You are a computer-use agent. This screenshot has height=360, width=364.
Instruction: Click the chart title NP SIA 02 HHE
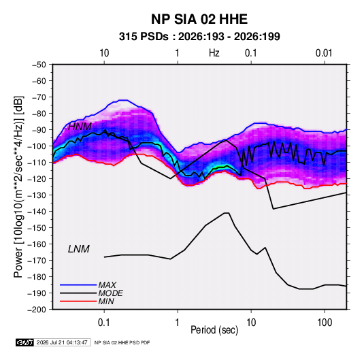(199, 19)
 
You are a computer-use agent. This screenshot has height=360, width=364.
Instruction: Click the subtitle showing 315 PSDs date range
(199, 37)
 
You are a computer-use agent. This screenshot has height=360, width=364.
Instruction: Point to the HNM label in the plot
(80, 127)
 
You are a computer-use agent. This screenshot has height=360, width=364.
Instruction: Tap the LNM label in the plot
(79, 249)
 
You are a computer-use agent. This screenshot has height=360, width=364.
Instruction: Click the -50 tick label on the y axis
(39, 65)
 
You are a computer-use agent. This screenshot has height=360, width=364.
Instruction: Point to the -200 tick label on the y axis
(37, 310)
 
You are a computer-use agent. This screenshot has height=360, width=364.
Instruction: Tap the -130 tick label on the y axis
(37, 195)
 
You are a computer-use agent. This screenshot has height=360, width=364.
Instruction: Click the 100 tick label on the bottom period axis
(325, 323)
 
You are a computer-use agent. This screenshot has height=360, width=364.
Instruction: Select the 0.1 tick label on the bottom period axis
(104, 323)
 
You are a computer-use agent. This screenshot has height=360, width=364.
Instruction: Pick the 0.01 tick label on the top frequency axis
(324, 53)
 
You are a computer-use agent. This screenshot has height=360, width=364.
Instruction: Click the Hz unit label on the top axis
(214, 53)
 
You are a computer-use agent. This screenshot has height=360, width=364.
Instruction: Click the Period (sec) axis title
(214, 330)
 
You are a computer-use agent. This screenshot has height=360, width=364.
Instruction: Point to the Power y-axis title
(18, 187)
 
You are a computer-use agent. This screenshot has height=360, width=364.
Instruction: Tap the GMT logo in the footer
(24, 342)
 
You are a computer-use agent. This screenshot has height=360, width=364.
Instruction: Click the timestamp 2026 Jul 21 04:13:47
(62, 342)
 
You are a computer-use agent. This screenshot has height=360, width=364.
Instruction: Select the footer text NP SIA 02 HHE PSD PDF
(122, 342)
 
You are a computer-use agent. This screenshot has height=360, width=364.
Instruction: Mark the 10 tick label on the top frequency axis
(104, 53)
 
